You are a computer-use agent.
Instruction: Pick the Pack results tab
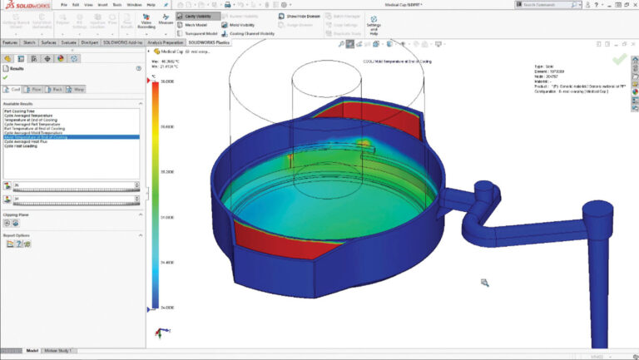(x=58, y=88)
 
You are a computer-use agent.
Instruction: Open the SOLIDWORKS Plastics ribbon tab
(x=209, y=42)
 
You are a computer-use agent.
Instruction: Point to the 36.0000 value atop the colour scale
(x=167, y=81)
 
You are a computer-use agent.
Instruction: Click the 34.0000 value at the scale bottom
(x=167, y=308)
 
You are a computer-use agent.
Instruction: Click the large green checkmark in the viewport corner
(x=619, y=59)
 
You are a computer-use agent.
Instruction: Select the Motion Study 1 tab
(x=60, y=351)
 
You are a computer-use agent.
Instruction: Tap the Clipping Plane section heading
(x=19, y=214)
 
